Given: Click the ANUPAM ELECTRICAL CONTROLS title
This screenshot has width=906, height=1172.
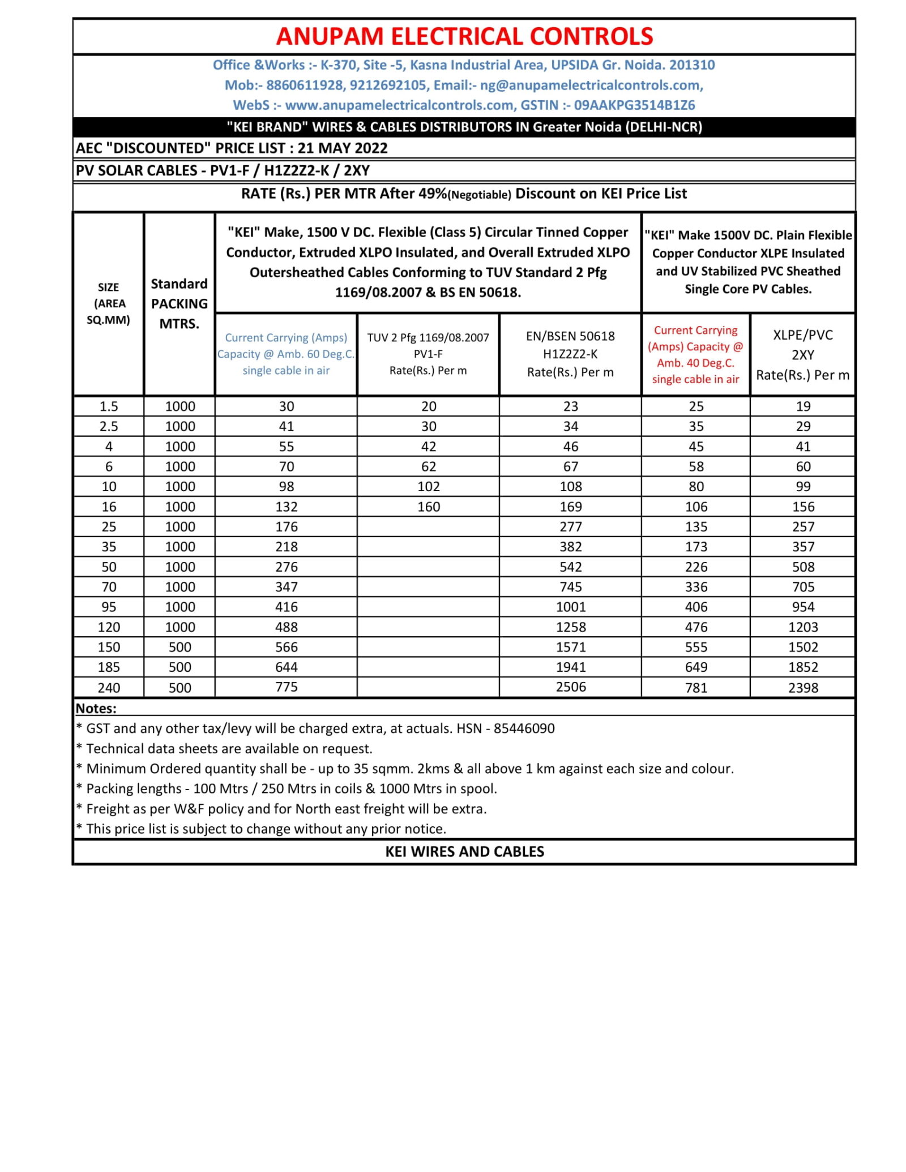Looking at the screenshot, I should pyautogui.click(x=464, y=36).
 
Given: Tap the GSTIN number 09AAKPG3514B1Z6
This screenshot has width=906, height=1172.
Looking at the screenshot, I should pyautogui.click(x=634, y=105).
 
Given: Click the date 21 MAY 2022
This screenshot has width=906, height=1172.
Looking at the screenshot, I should pyautogui.click(x=343, y=148).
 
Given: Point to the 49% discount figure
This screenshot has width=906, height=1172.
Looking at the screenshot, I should pyautogui.click(x=433, y=194).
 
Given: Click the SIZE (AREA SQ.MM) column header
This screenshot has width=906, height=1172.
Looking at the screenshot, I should pyautogui.click(x=108, y=303).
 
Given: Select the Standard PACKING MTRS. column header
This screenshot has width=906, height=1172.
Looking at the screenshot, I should pyautogui.click(x=179, y=303).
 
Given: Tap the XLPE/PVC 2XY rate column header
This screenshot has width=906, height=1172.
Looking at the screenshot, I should pyautogui.click(x=802, y=355).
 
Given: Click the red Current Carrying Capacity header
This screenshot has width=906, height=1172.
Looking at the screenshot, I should pyautogui.click(x=695, y=354).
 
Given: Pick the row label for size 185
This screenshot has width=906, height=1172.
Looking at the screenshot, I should pyautogui.click(x=109, y=667).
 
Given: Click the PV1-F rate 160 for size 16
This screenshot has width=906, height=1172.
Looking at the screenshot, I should pyautogui.click(x=428, y=507).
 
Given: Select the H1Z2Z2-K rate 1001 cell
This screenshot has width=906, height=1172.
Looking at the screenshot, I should pyautogui.click(x=570, y=607).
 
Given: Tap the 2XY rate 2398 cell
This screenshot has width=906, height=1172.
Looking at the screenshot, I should pyautogui.click(x=803, y=688).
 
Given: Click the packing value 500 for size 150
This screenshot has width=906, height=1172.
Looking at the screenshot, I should pyautogui.click(x=180, y=647).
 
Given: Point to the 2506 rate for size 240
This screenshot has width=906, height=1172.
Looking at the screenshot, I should pyautogui.click(x=570, y=687).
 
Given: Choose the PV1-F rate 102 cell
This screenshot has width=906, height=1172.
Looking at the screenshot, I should pyautogui.click(x=428, y=487).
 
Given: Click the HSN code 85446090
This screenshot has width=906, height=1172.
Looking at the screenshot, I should pyautogui.click(x=524, y=729).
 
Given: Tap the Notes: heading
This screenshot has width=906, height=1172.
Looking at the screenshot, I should pyautogui.click(x=96, y=709).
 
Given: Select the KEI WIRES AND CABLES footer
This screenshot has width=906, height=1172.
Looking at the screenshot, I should pyautogui.click(x=464, y=852).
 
